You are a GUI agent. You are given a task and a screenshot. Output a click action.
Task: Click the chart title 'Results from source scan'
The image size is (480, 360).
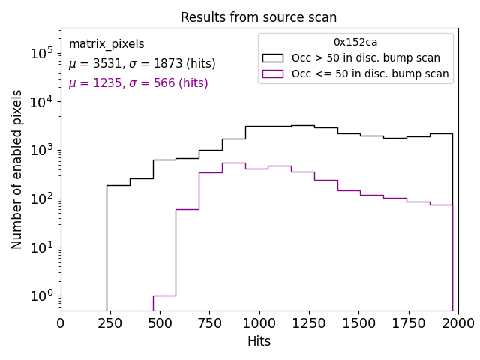259,17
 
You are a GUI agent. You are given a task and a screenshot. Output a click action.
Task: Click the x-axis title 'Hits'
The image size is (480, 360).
259,341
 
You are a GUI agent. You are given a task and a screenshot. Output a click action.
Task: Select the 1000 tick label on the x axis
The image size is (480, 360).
259,322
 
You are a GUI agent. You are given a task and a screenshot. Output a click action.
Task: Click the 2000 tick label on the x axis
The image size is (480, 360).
457,322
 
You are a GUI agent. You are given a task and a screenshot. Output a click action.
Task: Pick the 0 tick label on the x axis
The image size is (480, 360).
61,322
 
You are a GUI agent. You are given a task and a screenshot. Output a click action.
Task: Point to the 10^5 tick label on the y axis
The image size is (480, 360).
41,53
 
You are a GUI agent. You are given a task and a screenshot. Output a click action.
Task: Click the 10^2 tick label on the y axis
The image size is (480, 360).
41,199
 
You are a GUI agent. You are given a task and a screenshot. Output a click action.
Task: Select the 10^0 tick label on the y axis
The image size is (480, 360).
41,295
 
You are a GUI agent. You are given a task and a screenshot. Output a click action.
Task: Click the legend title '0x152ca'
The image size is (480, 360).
355,43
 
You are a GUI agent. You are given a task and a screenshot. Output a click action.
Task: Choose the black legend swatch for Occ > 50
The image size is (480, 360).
272,58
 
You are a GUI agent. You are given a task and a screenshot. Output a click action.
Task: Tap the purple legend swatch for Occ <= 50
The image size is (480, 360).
272,73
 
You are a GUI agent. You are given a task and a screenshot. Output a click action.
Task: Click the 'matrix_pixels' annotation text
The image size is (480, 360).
106,44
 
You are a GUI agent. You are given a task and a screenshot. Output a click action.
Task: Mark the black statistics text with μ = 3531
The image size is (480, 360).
142,64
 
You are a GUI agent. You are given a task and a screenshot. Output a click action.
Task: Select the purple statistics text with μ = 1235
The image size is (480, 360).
138,83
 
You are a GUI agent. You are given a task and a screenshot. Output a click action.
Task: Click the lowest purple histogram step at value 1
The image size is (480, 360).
164,295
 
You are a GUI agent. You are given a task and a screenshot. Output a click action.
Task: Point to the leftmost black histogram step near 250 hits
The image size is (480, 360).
118,185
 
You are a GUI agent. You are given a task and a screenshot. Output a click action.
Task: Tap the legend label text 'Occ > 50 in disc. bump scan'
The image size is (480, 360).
366,58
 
